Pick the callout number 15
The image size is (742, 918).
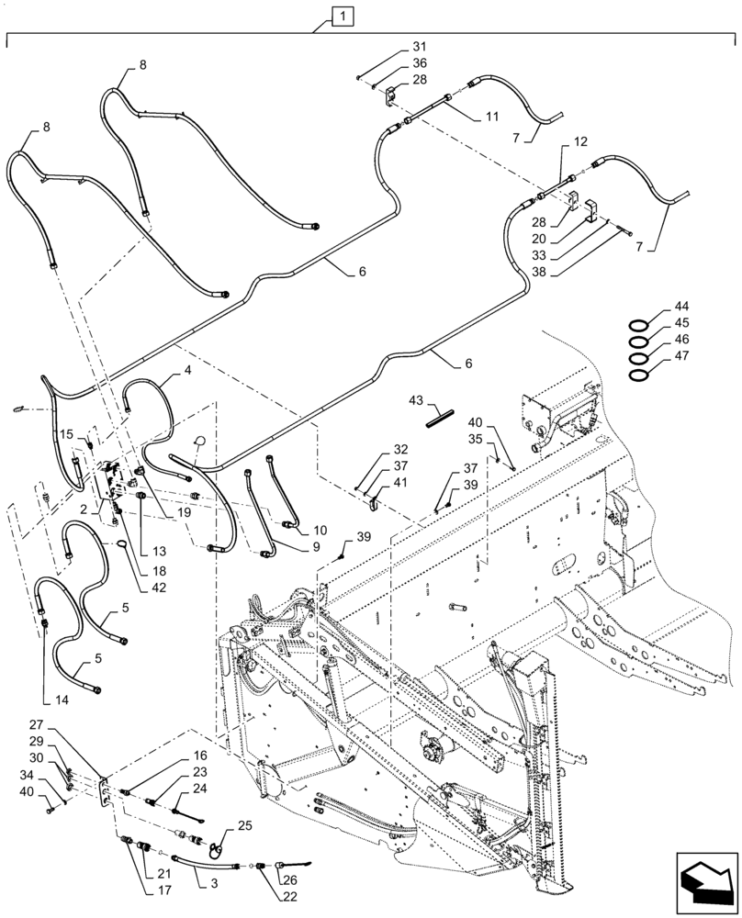point(66,433)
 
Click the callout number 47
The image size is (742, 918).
point(682,356)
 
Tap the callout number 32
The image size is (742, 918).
point(400,450)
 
